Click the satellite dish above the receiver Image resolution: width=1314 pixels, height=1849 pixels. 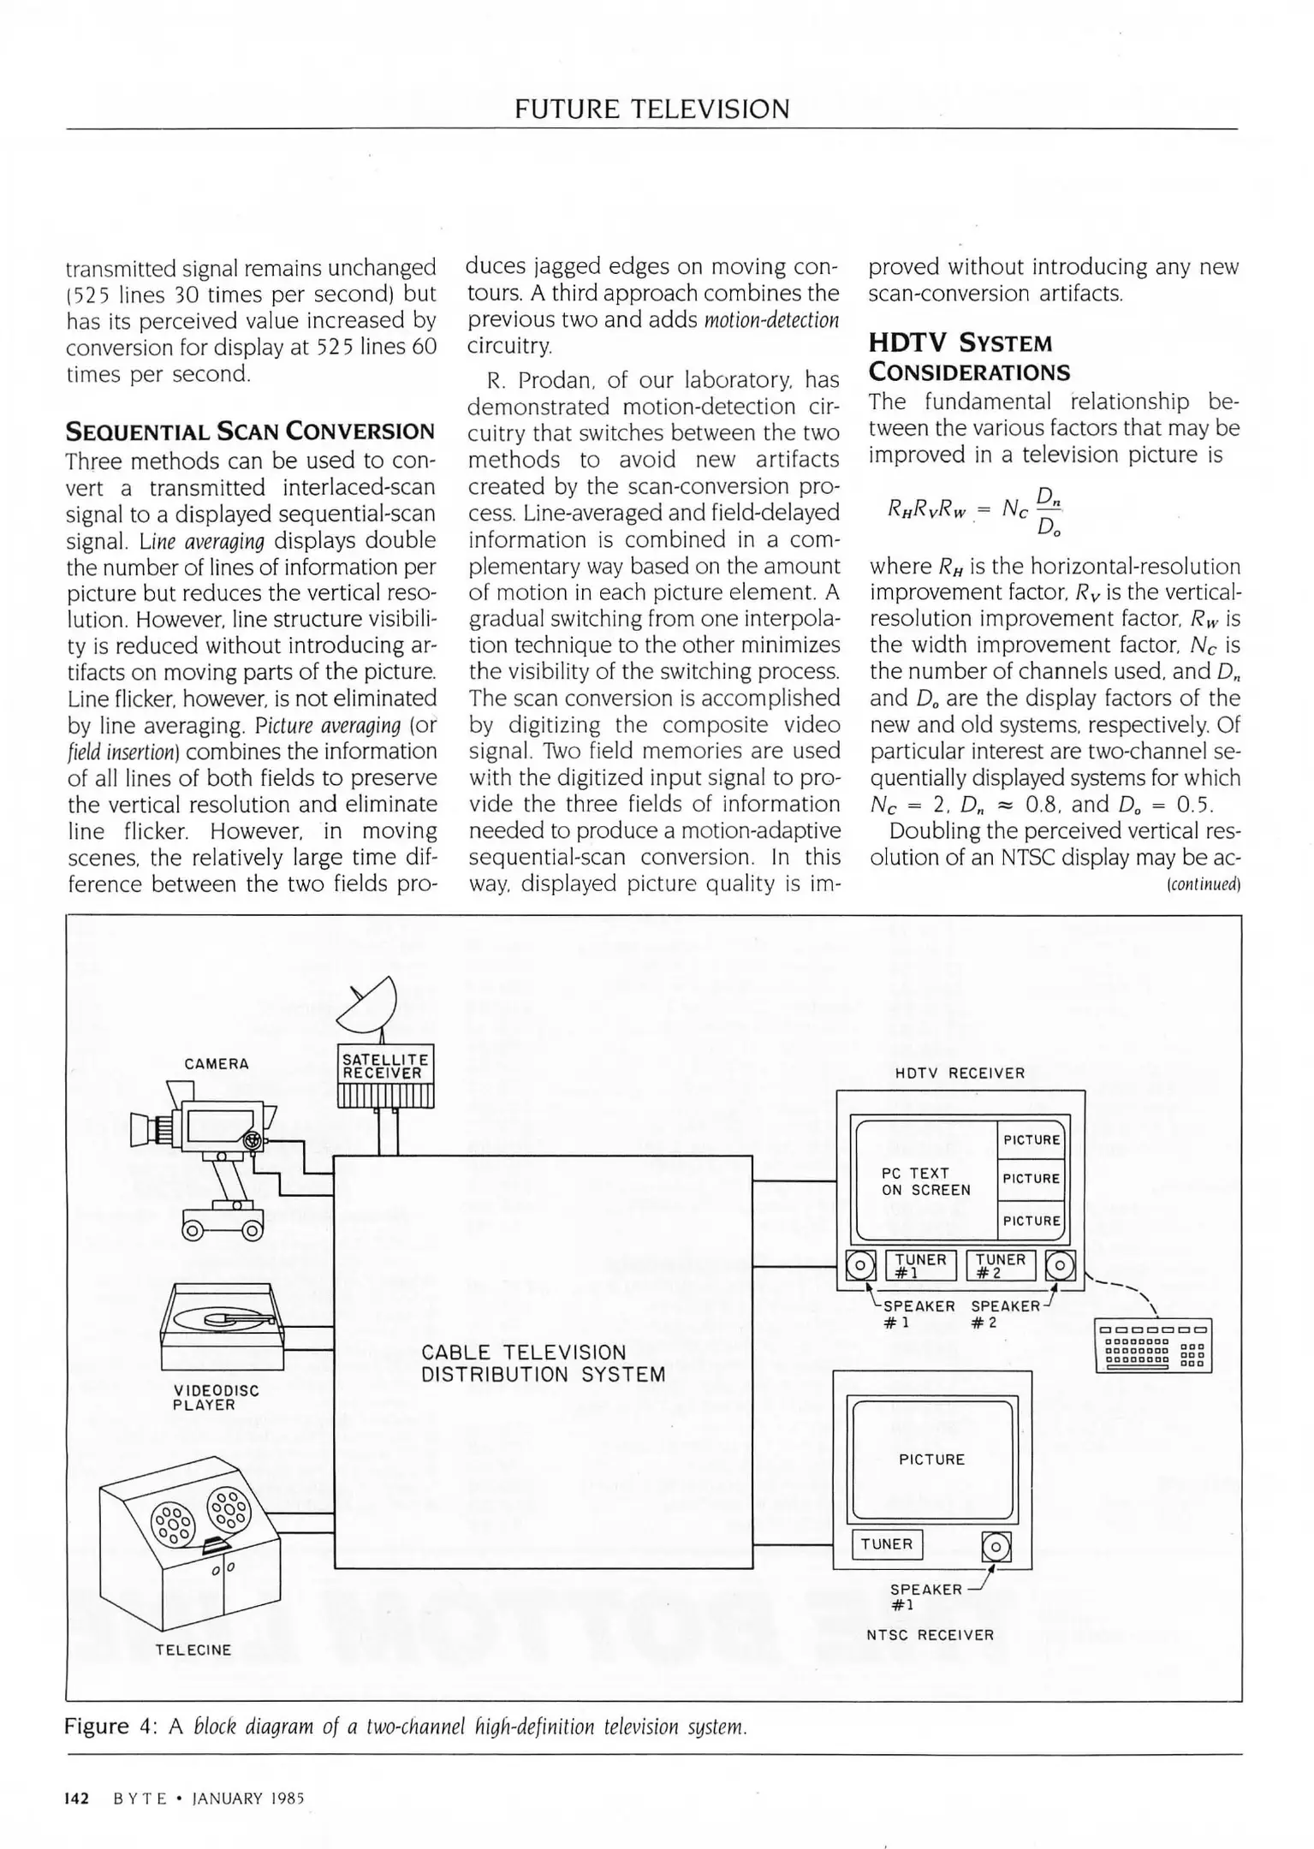point(370,1007)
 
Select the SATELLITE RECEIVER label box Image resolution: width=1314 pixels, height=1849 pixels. point(386,1066)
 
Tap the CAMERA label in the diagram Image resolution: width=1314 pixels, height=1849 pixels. point(217,1064)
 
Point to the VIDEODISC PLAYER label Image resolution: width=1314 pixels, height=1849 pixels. point(216,1398)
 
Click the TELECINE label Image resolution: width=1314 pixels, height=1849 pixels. point(193,1650)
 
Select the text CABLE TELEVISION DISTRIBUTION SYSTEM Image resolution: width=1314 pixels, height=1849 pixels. point(543,1364)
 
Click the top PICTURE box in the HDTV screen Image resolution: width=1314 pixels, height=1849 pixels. point(1032,1139)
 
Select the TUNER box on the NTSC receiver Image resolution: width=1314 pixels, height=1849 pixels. point(887,1543)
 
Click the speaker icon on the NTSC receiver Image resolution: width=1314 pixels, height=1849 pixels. point(996,1546)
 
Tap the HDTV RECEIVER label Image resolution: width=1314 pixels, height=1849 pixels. point(960,1073)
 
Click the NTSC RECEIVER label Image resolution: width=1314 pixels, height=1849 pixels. point(930,1635)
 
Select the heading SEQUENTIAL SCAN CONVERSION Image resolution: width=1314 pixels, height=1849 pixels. point(251,431)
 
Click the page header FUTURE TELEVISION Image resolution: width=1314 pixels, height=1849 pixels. point(652,109)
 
